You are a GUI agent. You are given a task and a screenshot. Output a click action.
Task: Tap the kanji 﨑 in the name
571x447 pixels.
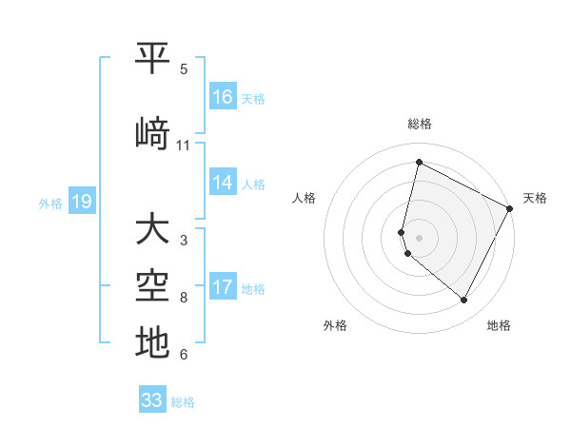(152, 133)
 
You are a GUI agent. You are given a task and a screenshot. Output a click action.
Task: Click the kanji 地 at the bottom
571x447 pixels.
(152, 343)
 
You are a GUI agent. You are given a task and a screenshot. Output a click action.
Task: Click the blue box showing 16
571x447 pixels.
(223, 96)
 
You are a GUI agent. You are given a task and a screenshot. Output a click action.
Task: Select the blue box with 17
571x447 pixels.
(223, 286)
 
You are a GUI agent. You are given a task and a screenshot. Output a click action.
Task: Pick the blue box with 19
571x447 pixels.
(82, 202)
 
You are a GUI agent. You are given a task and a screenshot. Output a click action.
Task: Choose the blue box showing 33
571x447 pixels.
(152, 400)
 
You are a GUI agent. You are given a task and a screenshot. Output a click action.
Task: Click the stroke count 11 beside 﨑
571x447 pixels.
(184, 146)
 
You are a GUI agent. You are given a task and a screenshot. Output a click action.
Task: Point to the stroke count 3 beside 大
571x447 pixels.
(184, 241)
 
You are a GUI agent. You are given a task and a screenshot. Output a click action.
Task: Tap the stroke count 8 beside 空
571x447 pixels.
(184, 298)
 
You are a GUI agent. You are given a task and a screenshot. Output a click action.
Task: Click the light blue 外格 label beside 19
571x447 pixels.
(50, 203)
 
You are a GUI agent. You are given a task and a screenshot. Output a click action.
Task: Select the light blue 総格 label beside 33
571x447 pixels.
(183, 402)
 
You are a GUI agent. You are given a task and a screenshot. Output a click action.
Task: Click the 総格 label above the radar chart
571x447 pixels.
(420, 124)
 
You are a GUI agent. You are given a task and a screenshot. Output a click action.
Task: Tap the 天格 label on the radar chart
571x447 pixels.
(535, 198)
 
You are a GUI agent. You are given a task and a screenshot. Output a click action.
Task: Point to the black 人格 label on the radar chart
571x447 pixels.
(304, 198)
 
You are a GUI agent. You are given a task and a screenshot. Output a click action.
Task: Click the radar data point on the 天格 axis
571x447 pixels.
(510, 208)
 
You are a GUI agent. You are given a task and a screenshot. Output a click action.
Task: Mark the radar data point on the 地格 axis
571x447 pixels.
(463, 301)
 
